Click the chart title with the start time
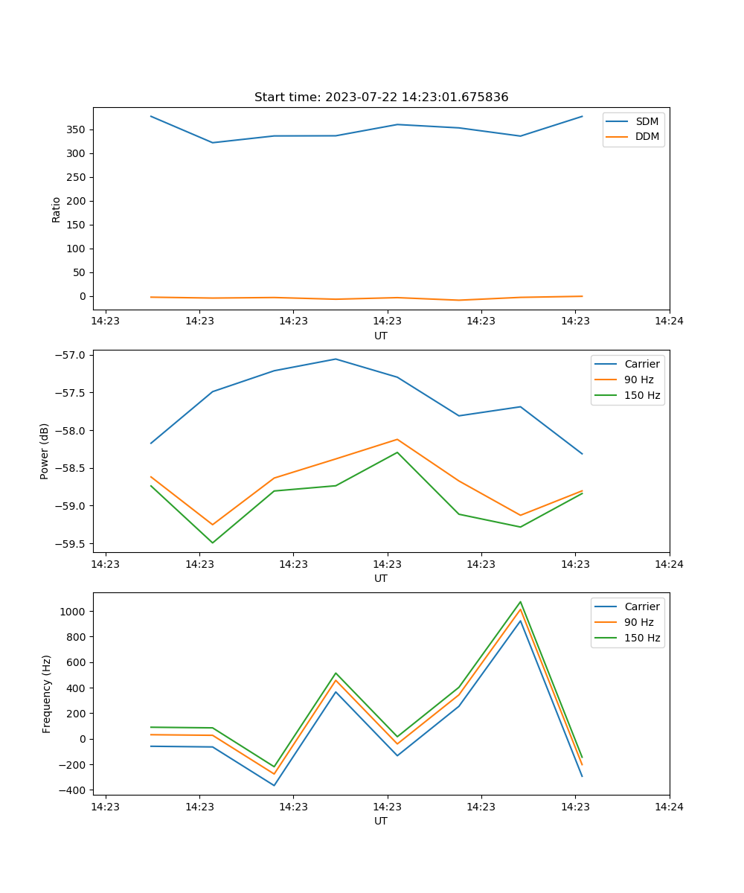[381, 97]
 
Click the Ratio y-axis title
[57, 209]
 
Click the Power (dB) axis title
[45, 451]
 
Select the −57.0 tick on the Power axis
[71, 355]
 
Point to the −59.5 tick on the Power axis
[71, 544]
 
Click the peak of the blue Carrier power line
[336, 359]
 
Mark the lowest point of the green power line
[213, 542]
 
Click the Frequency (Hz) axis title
[47, 694]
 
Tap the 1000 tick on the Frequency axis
[75, 612]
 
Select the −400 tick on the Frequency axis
[73, 790]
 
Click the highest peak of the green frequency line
[520, 602]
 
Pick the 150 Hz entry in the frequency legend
[642, 638]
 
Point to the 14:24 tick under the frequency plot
[669, 806]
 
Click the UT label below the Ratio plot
[381, 336]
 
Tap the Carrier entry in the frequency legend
[641, 606]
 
